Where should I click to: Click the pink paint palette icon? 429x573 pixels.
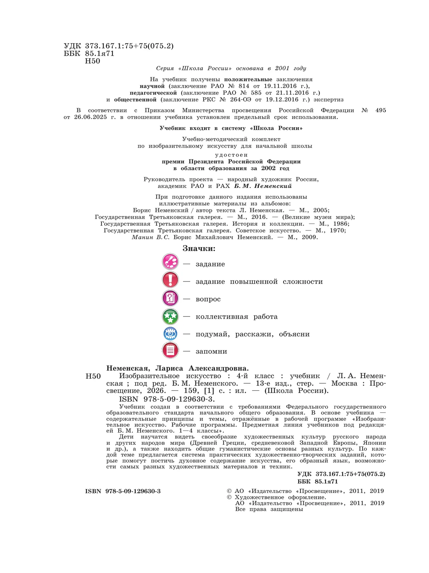(170, 262)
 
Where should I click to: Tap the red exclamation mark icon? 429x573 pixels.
(170, 279)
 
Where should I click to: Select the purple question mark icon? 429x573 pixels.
(170, 297)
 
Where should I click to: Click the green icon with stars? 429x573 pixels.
(170, 316)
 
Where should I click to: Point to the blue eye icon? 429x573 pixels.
(170, 334)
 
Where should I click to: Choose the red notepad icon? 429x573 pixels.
(170, 350)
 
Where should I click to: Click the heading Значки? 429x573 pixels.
(199, 249)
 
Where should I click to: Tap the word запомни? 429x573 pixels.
(211, 352)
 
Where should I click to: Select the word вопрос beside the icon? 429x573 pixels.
(208, 299)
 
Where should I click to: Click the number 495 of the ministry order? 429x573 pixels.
(380, 110)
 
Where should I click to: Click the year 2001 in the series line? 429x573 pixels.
(282, 68)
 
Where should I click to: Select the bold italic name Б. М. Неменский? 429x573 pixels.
(263, 186)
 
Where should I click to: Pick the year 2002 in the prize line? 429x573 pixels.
(268, 168)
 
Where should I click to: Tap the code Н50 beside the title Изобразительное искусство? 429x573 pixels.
(93, 376)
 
